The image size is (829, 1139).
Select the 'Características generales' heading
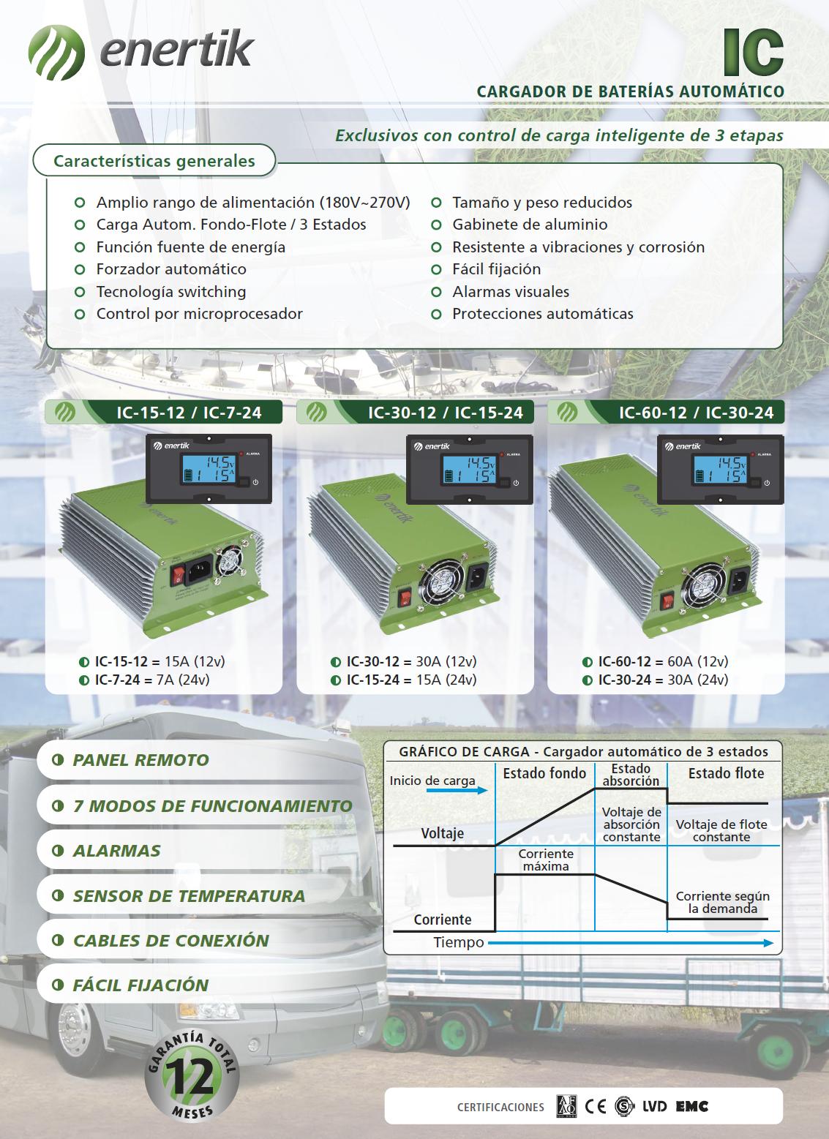click(154, 161)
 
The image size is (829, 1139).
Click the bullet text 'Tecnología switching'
click(170, 291)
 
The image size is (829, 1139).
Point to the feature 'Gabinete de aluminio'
click(529, 225)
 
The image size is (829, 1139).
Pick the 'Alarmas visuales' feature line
click(510, 291)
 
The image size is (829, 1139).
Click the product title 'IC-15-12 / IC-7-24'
click(188, 413)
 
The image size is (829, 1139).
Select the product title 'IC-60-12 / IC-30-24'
click(695, 413)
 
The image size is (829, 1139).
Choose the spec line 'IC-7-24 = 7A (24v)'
click(151, 680)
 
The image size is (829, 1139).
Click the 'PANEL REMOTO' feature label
click(140, 760)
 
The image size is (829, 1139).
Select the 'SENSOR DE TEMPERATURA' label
click(188, 895)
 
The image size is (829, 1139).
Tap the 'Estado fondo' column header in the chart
click(544, 773)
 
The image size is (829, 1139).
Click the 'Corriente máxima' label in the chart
click(545, 860)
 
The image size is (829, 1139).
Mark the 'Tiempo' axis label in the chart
click(458, 942)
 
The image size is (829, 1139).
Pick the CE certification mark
click(596, 1106)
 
